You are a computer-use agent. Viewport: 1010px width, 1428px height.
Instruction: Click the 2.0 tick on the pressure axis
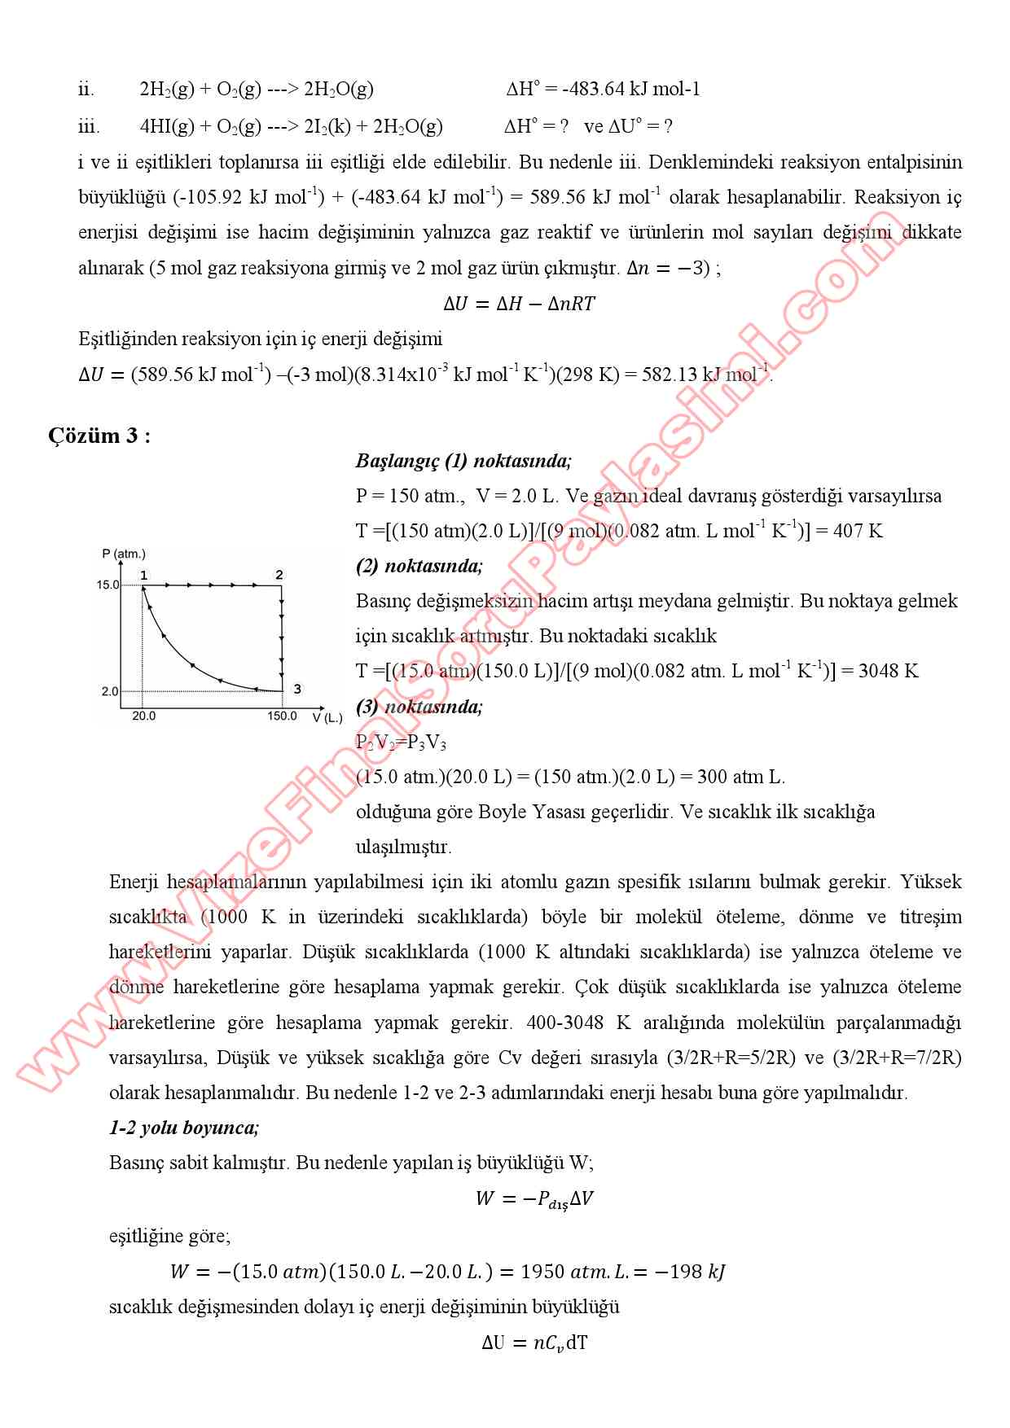(x=110, y=691)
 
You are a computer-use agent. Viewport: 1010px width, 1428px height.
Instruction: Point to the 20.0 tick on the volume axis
(x=143, y=716)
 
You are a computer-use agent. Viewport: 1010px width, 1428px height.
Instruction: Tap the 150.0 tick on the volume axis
(x=283, y=716)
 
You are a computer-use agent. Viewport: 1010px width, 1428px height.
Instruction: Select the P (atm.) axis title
(x=124, y=554)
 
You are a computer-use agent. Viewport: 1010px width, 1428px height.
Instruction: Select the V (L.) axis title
(x=327, y=717)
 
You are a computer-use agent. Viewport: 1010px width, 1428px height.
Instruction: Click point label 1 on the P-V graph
(x=143, y=575)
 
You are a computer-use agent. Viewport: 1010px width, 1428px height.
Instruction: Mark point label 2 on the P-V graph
(x=279, y=575)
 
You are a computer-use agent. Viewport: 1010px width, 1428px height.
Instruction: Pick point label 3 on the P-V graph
(x=297, y=689)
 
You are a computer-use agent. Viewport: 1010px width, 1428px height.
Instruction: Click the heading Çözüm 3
(x=99, y=436)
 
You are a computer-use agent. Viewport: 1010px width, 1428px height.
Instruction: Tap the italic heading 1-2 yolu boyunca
(x=184, y=1128)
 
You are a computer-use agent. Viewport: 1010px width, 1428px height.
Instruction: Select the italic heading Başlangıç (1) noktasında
(x=463, y=461)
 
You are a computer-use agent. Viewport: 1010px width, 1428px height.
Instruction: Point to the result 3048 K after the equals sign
(x=888, y=672)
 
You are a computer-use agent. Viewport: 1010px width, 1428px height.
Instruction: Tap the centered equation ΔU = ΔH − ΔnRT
(x=519, y=304)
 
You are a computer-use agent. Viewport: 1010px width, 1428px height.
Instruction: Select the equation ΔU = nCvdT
(x=534, y=1343)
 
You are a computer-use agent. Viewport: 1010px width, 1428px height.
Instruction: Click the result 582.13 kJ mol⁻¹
(x=705, y=375)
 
